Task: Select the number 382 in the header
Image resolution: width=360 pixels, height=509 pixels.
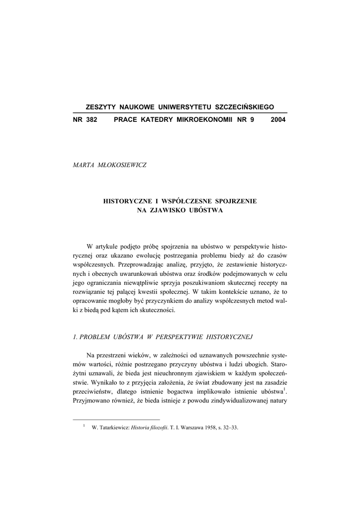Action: [91, 120]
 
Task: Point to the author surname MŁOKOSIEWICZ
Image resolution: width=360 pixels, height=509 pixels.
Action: [121, 165]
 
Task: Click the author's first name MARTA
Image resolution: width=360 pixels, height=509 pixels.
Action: [84, 165]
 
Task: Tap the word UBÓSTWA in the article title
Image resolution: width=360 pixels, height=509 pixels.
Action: [206, 210]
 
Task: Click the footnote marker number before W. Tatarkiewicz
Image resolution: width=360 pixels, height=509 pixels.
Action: [84, 425]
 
